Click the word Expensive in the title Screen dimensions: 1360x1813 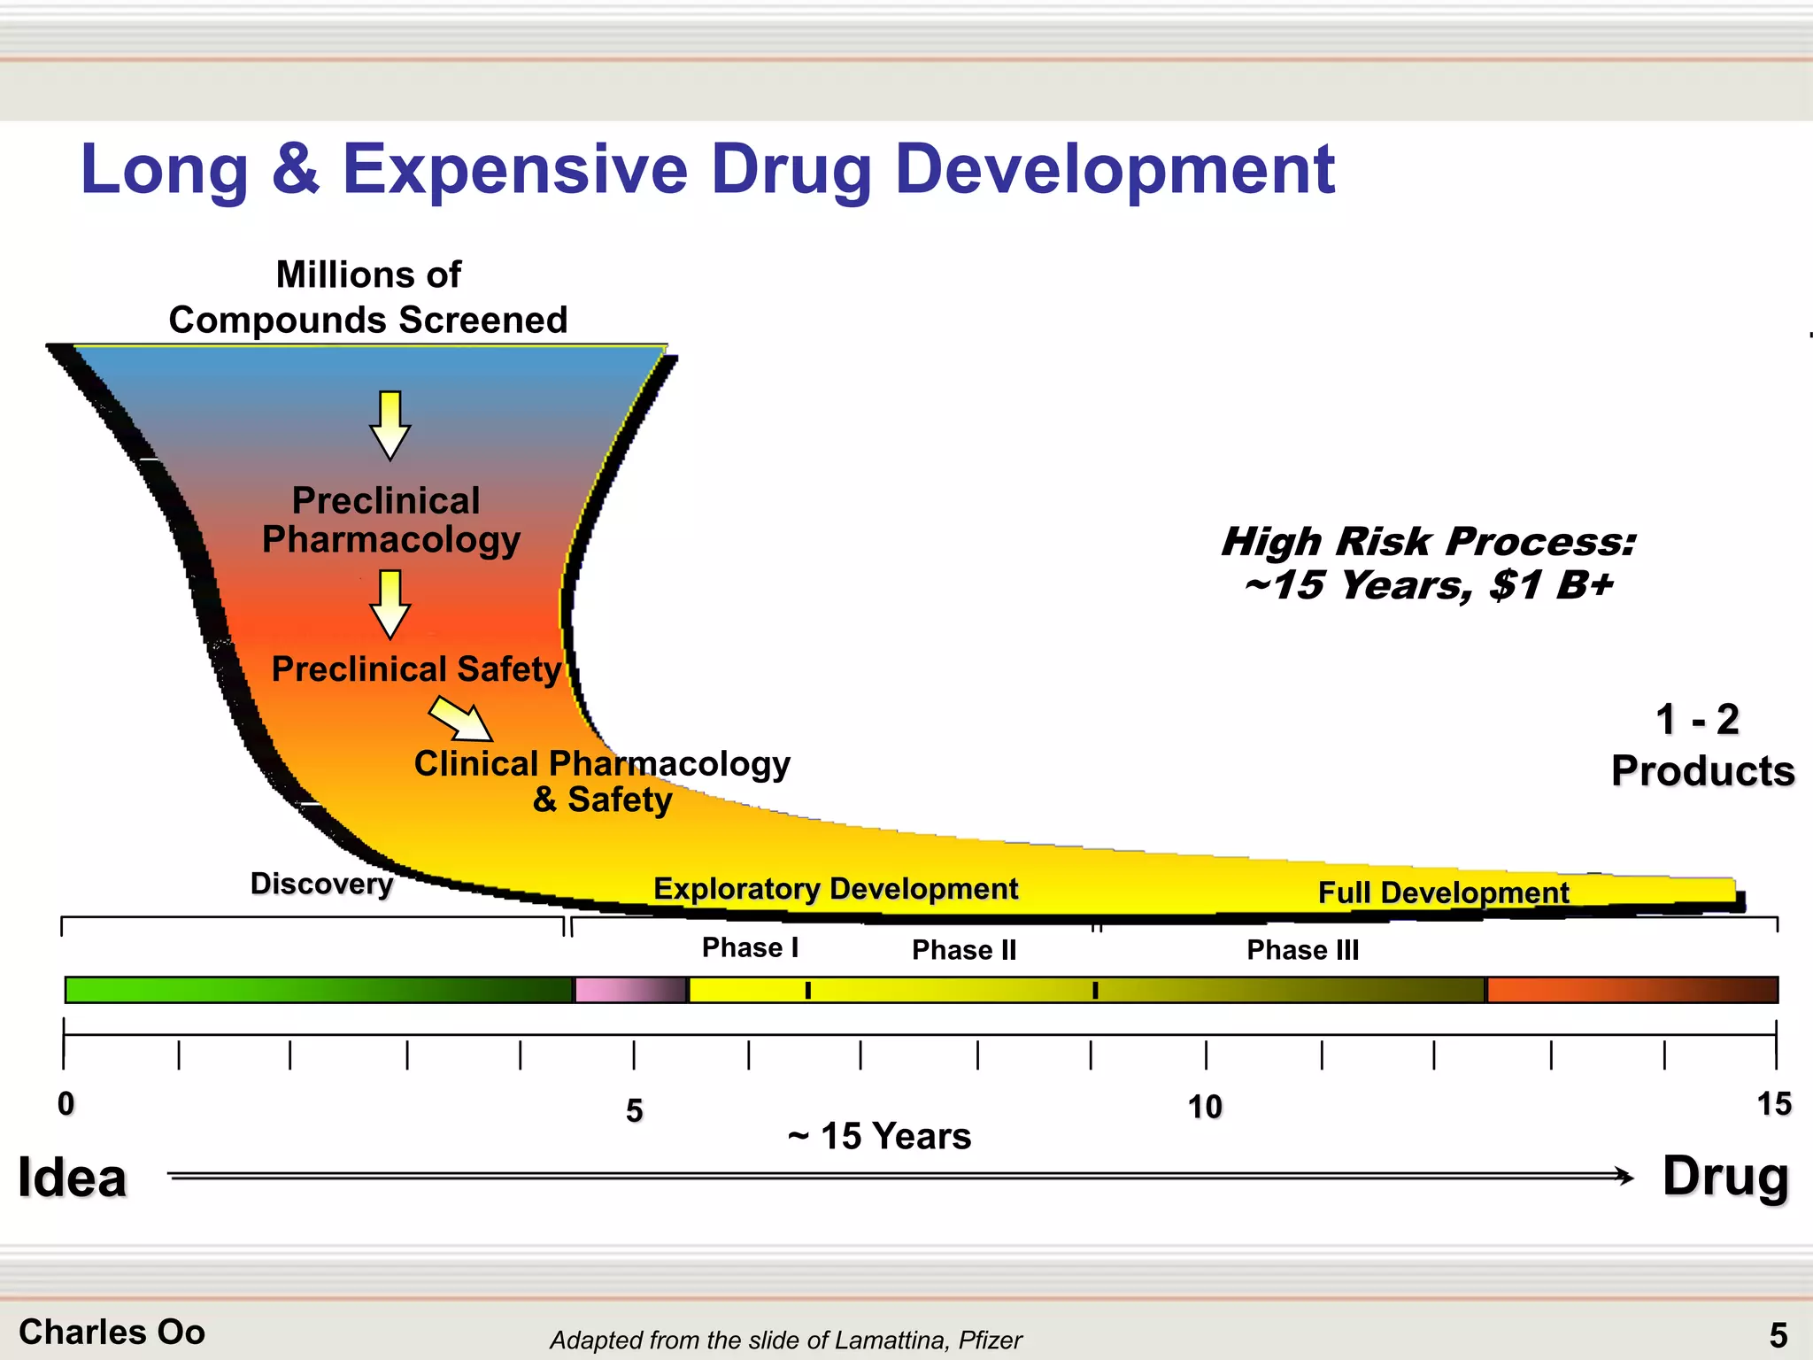click(513, 170)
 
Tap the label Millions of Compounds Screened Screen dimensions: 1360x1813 click(368, 297)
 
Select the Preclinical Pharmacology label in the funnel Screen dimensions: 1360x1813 click(390, 521)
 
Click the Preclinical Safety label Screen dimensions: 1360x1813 click(416, 669)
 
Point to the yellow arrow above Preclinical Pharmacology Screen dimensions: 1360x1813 click(390, 425)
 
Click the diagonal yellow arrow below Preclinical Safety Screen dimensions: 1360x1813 click(461, 718)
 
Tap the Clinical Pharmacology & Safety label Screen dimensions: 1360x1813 click(602, 781)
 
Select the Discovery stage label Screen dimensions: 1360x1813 click(321, 884)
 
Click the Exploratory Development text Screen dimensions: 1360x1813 click(836, 888)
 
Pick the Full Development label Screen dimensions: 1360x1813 click(1443, 892)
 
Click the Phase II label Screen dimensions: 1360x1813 click(964, 950)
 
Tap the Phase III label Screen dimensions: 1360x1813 click(1302, 950)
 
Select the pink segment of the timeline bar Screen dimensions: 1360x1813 click(629, 990)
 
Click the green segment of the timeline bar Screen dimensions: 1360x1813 click(319, 990)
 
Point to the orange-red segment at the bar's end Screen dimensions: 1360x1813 click(1631, 990)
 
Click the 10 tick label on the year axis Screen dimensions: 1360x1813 click(1205, 1107)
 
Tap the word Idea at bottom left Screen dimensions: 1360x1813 click(73, 1178)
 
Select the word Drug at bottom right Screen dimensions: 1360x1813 click(1725, 1178)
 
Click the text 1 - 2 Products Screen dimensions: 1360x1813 click(1701, 746)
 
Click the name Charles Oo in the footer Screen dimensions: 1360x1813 click(112, 1333)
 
